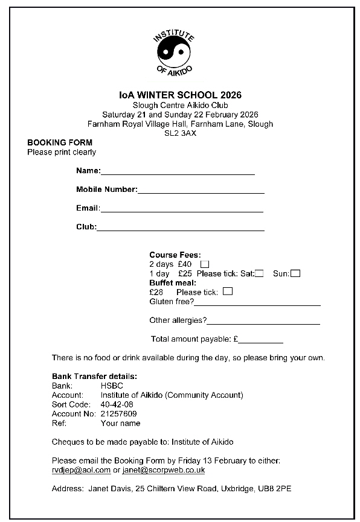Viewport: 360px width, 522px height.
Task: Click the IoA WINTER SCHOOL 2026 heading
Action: pos(180,95)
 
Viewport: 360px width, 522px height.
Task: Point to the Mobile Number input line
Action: pos(201,192)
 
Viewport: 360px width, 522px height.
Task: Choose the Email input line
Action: pos(181,211)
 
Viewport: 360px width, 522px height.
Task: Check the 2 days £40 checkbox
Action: pos(205,264)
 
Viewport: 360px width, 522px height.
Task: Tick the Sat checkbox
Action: pos(259,273)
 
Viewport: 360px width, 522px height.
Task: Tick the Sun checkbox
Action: pos(295,273)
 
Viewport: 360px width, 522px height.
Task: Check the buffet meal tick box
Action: pos(228,292)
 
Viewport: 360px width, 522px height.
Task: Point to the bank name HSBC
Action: pos(112,386)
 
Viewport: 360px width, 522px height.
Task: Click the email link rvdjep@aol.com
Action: pos(81,470)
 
